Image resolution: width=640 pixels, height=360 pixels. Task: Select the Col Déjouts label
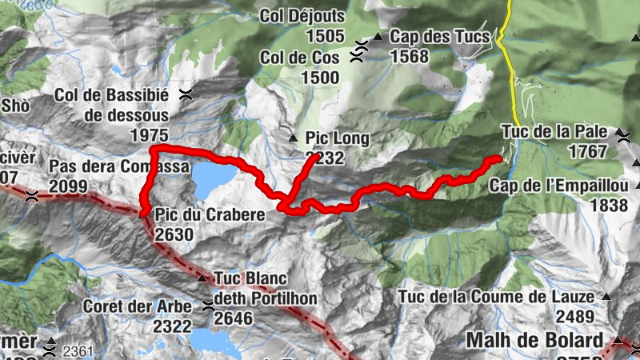pos(303,15)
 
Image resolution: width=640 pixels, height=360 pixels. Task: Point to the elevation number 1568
pos(410,56)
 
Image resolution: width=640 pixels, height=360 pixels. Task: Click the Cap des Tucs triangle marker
pos(377,37)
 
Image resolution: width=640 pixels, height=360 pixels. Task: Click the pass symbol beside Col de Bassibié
pos(186,94)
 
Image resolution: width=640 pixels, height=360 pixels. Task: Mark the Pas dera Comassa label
pos(119,166)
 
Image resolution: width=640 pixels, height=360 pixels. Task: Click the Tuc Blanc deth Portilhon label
pos(266,288)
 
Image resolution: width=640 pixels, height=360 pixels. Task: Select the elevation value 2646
pos(234,318)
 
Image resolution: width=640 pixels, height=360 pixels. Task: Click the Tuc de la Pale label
pos(554,131)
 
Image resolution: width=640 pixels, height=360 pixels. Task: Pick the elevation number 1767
pos(589,151)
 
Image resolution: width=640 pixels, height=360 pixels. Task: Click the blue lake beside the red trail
pos(212,179)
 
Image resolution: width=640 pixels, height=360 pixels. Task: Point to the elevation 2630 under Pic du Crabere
pos(174,234)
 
